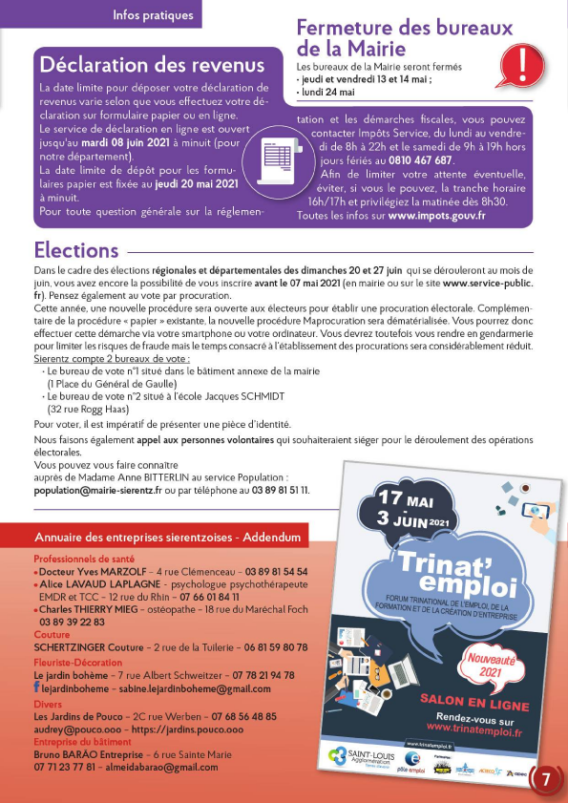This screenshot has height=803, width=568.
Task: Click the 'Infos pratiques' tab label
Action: click(153, 14)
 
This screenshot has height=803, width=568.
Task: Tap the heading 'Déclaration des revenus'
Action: click(151, 65)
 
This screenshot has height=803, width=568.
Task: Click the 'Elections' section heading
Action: click(76, 250)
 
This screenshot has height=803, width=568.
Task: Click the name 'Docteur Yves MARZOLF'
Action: click(84, 571)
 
